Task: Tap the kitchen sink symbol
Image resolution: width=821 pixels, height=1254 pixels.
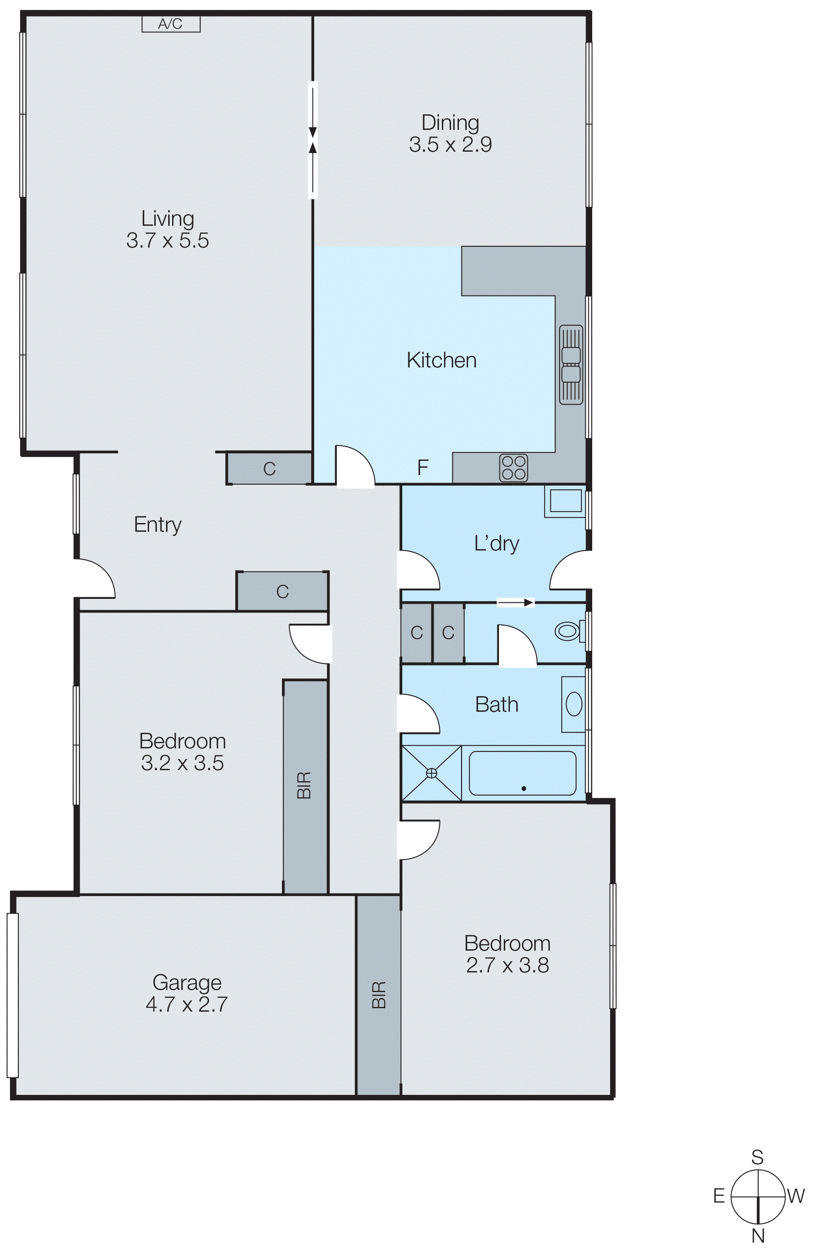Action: pyautogui.click(x=571, y=365)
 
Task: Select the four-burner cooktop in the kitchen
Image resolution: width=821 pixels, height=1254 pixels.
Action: pyautogui.click(x=513, y=467)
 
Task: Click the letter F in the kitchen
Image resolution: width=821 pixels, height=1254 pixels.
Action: pyautogui.click(x=422, y=467)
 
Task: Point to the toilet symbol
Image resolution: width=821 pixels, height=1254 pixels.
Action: pyautogui.click(x=568, y=631)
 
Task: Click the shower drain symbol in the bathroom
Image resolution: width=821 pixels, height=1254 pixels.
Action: pyautogui.click(x=431, y=773)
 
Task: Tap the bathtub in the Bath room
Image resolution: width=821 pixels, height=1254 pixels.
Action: pyautogui.click(x=522, y=773)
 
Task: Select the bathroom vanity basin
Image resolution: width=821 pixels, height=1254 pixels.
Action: pyautogui.click(x=573, y=704)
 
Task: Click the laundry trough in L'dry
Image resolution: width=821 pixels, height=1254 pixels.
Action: pyautogui.click(x=566, y=500)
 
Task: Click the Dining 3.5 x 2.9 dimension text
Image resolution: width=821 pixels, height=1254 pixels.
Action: pyautogui.click(x=450, y=144)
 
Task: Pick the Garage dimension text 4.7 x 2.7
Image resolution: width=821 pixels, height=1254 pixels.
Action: pyautogui.click(x=187, y=1004)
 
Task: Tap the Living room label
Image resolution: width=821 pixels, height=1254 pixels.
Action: pyautogui.click(x=167, y=218)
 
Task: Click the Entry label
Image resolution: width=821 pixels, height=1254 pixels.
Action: pyautogui.click(x=157, y=524)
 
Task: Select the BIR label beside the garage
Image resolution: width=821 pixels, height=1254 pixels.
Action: pyautogui.click(x=379, y=995)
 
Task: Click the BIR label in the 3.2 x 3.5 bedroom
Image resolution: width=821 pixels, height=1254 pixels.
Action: pyautogui.click(x=304, y=785)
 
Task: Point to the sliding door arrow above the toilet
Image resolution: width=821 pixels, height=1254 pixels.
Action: pyautogui.click(x=516, y=602)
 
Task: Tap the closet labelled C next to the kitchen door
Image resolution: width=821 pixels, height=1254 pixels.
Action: pyautogui.click(x=269, y=469)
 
